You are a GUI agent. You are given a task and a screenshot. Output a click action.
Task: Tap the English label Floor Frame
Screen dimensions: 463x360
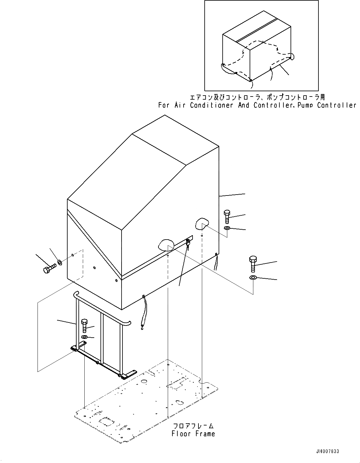193,434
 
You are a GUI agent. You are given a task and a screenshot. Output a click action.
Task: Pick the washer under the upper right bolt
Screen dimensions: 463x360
227,229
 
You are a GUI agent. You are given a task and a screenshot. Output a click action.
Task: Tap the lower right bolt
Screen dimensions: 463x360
253,264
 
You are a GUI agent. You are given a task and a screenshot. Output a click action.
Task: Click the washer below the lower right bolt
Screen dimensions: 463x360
253,277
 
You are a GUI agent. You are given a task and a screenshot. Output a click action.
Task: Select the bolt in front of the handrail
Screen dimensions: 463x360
84,326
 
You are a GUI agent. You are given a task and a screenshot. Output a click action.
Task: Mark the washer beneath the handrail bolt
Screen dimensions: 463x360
84,337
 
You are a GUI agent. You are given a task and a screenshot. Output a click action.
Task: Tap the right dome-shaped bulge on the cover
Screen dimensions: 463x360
202,223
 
